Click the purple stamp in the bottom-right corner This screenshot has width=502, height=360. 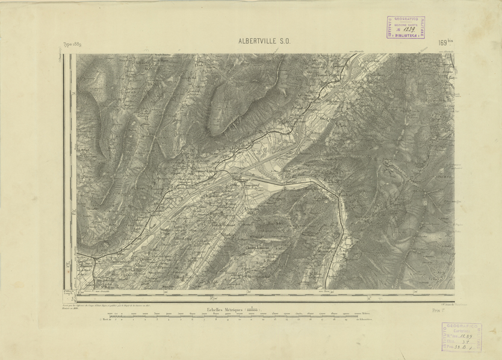462,339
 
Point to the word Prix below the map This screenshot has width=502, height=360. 436,310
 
